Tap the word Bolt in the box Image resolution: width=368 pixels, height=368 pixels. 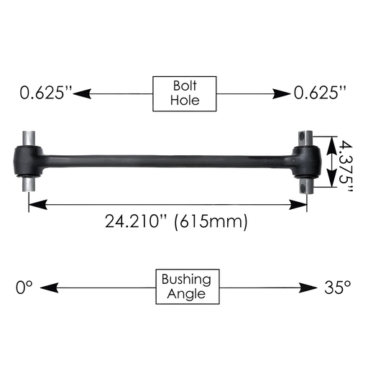coord(185,86)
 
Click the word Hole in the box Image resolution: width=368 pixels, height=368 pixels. coord(185,101)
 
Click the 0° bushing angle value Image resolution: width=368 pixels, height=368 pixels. coord(24,287)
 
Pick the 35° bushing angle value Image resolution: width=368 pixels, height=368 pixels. coord(336,287)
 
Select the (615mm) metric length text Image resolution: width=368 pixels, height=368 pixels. coord(213,221)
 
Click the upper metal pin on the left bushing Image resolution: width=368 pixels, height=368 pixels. coord(29,137)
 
